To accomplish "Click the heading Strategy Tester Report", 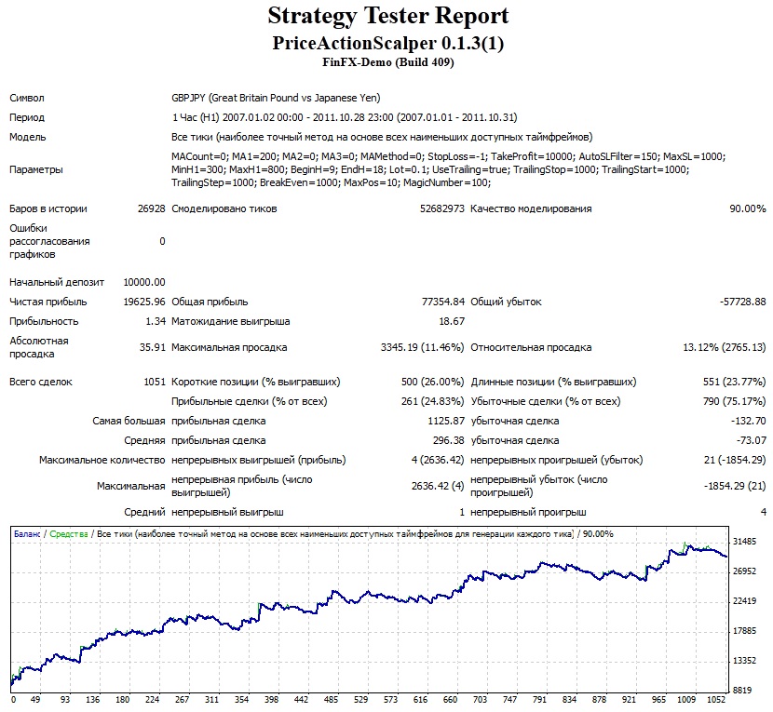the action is click(x=388, y=16).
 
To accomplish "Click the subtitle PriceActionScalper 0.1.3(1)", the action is click(x=388, y=43).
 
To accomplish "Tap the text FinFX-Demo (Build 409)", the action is click(x=388, y=62).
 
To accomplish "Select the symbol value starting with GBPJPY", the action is click(x=276, y=98).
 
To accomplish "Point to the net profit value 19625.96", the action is click(x=144, y=302).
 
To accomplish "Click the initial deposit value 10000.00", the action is click(x=144, y=282).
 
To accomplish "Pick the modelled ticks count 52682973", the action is click(x=442, y=208).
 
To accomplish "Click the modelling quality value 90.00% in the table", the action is click(x=748, y=208).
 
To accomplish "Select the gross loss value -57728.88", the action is click(x=743, y=302).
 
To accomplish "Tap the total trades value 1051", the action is click(x=155, y=382).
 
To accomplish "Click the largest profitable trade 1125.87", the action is click(x=446, y=421).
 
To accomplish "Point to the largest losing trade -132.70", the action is click(x=749, y=421).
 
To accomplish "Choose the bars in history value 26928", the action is click(x=152, y=208).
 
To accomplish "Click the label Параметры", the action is click(x=36, y=169).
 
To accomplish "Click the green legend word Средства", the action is click(x=69, y=534).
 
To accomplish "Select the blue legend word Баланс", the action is click(x=27, y=534).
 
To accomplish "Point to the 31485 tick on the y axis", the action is click(x=744, y=541).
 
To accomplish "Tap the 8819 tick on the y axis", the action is click(x=742, y=690).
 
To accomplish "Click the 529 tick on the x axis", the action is click(x=360, y=699).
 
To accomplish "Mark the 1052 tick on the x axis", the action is click(x=716, y=699).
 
